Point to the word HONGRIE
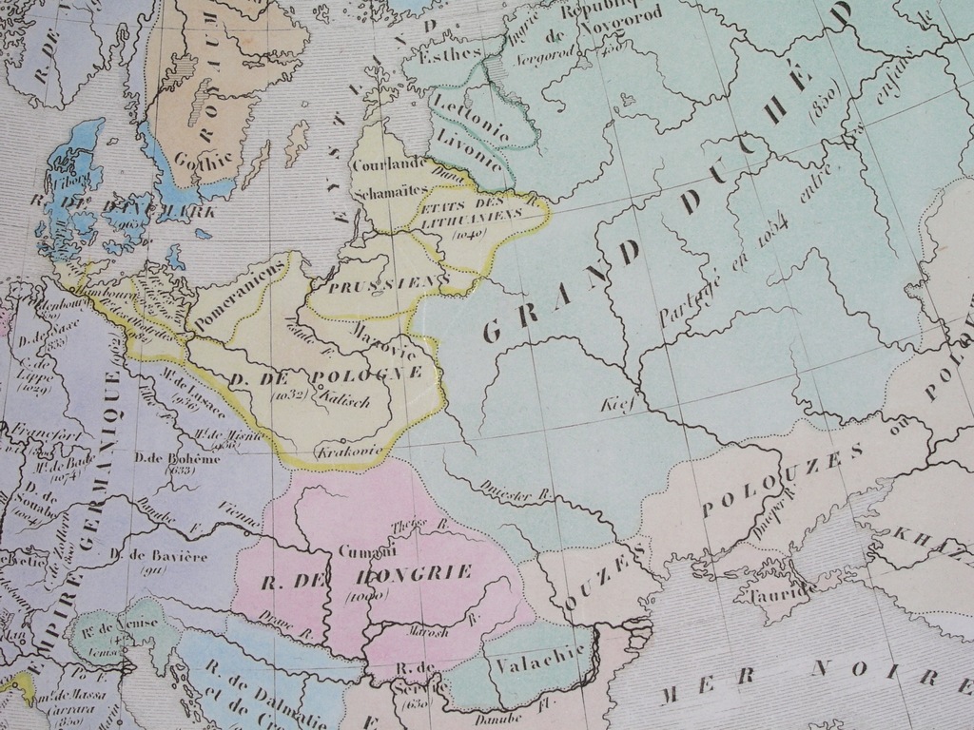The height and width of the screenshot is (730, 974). (x=412, y=574)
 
